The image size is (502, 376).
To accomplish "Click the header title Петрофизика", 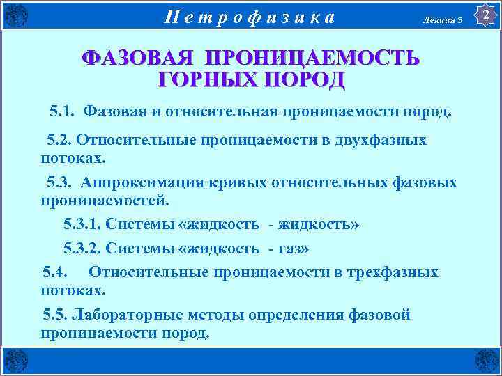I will [250, 16].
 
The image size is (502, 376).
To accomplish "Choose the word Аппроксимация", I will [132, 182].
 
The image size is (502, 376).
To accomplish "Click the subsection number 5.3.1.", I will [86, 224].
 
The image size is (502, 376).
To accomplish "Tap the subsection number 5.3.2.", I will [86, 249].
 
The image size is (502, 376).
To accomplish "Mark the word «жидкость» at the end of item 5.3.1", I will [319, 224].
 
